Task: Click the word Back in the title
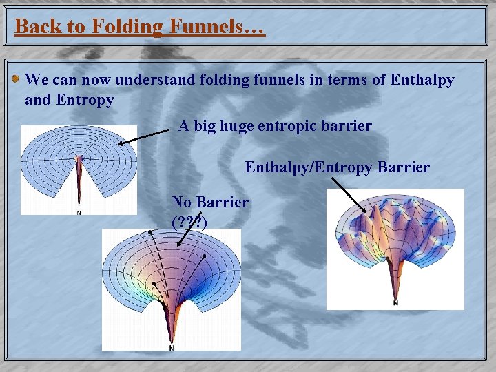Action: click(x=35, y=27)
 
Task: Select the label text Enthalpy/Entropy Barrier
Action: click(x=338, y=167)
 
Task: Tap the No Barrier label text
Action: click(x=210, y=203)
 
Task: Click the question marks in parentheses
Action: click(x=189, y=221)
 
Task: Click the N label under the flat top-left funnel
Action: click(x=79, y=212)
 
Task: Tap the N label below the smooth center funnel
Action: click(x=171, y=348)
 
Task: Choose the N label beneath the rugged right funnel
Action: click(x=395, y=302)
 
